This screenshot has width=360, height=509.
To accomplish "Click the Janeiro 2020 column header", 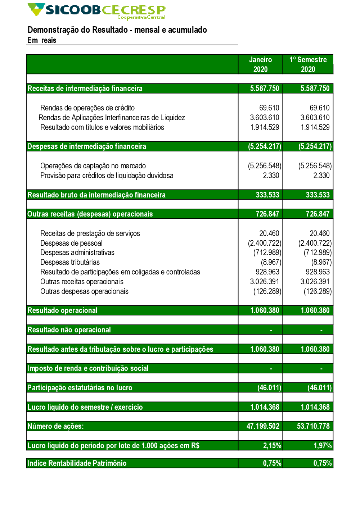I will (260, 64).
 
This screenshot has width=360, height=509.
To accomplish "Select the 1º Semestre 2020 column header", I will (308, 64).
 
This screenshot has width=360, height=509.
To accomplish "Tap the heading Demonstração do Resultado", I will (117, 30).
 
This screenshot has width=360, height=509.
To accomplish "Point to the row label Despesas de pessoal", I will (71, 243).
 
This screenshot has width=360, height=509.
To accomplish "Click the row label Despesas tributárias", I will (70, 262).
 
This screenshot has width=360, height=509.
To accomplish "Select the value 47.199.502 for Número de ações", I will (263, 426).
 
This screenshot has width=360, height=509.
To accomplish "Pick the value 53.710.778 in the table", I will (313, 426).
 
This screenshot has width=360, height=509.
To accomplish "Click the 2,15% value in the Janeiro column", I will (272, 446).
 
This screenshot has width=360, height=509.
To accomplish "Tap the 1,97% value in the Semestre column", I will (323, 446).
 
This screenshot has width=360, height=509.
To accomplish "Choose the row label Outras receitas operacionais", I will (82, 282).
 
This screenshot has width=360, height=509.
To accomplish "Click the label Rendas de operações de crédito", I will (87, 108).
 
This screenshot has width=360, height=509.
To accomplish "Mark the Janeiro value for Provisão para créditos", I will (271, 176).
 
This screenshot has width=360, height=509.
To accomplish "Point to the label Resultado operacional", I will (63, 310).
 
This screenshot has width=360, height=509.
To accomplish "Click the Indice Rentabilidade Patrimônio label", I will (77, 463).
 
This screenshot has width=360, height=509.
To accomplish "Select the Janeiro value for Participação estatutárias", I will (269, 388).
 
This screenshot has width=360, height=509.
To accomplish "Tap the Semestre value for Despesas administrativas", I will (318, 253).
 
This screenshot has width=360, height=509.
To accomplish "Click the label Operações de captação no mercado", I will (93, 166).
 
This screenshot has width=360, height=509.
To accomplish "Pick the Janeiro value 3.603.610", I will (265, 118).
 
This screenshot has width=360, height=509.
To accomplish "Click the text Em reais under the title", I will (42, 40).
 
